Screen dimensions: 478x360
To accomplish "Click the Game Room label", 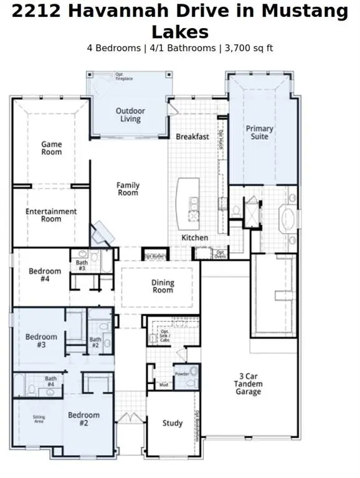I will [x=52, y=148].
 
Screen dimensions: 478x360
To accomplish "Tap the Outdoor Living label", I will [x=130, y=115].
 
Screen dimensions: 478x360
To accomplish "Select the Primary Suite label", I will [x=259, y=133].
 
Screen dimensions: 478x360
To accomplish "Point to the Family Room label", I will [x=128, y=189].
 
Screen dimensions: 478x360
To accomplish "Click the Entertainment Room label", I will [x=51, y=215].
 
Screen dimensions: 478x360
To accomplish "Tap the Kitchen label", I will [x=194, y=238].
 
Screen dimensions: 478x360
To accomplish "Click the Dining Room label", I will [x=163, y=286].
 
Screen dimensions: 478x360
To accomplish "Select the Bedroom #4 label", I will [x=45, y=275].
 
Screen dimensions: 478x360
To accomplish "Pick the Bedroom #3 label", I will [x=41, y=340].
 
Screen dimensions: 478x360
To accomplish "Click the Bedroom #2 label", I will [x=83, y=419].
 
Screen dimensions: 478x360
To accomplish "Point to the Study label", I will [x=173, y=423].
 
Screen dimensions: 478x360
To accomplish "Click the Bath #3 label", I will [x=82, y=265].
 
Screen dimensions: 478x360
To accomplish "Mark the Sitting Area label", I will [x=42, y=420].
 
